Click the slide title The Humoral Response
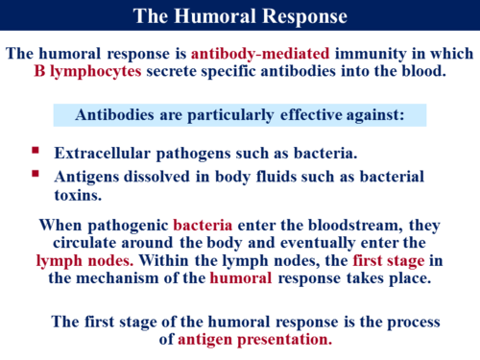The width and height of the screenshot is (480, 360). coord(240,16)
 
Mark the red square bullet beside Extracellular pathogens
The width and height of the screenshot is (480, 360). coord(36,152)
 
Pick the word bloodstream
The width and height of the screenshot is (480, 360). coord(352,226)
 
